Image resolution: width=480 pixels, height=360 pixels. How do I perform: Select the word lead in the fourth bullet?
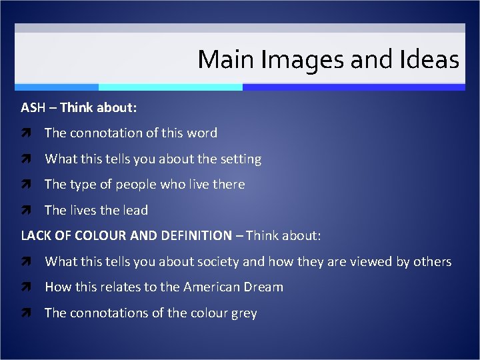click(x=135, y=210)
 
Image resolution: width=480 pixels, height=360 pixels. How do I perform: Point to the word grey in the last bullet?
click(x=243, y=313)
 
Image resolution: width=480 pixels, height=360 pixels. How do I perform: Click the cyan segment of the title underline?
click(x=170, y=87)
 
